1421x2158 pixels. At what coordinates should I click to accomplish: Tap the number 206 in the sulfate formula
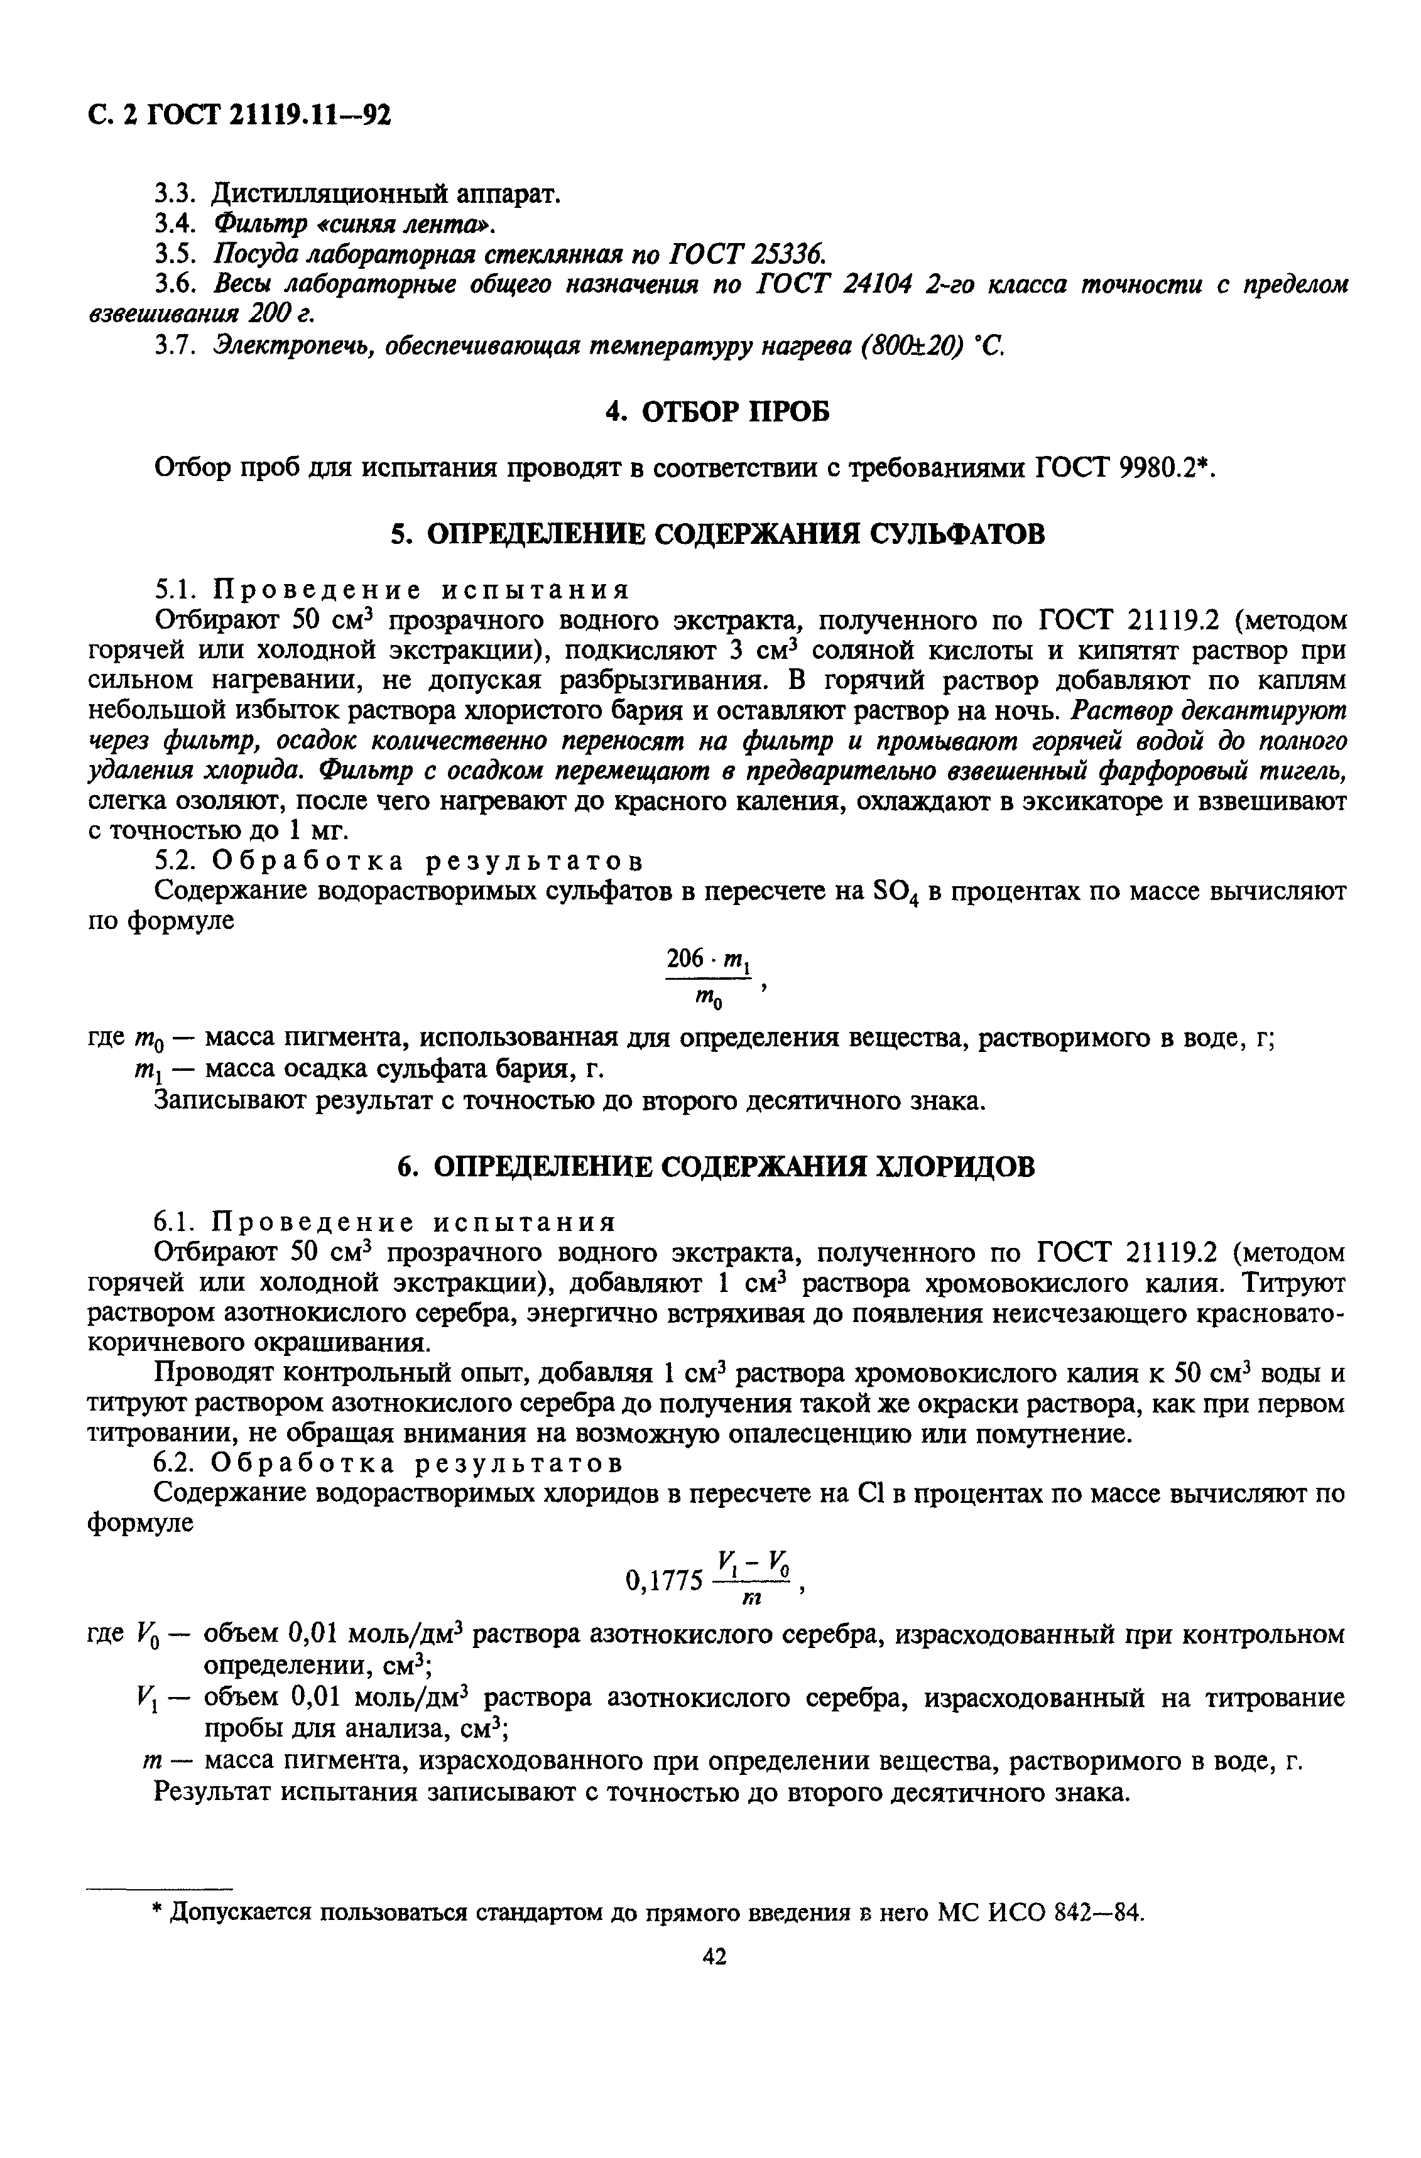point(685,958)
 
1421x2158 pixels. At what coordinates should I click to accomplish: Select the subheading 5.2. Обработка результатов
point(399,860)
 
